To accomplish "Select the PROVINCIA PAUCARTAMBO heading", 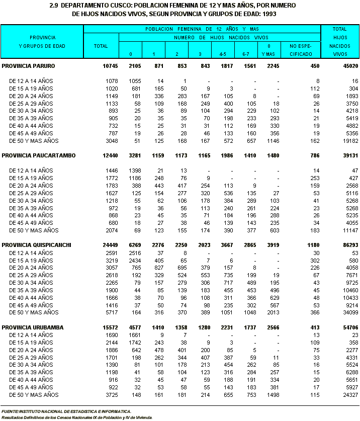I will [x=39, y=155].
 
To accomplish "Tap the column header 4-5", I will [x=219, y=54].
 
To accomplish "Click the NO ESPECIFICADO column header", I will [x=301, y=49].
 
